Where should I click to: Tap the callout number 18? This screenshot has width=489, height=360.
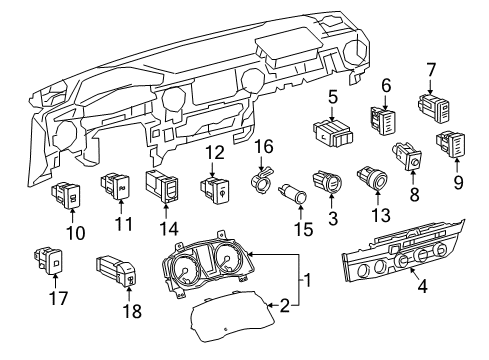click(131, 310)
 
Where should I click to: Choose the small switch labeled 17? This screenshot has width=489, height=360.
click(50, 260)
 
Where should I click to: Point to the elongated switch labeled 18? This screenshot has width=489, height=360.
click(117, 271)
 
